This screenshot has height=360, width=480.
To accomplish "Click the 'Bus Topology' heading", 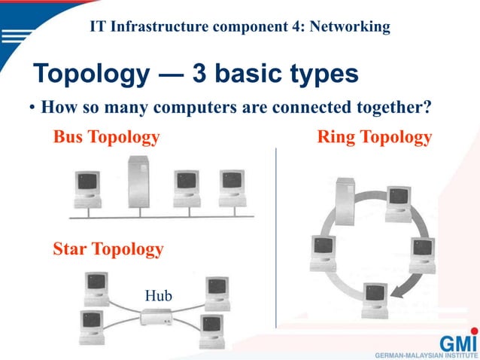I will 106,137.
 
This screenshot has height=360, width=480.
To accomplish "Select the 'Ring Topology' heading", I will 375,137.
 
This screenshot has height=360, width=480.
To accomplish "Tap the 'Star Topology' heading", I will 108,249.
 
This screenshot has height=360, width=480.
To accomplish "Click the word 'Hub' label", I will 158,295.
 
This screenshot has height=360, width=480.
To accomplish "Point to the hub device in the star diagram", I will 157,319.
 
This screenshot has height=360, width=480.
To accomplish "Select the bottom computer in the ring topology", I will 374,297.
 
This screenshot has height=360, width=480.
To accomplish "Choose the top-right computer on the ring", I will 398,203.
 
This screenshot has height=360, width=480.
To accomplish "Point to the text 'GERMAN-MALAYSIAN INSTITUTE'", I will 425,353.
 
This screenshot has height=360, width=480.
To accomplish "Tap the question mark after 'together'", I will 427,107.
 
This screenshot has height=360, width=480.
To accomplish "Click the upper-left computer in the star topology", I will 96,287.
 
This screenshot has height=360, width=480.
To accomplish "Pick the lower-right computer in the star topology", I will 211,327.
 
